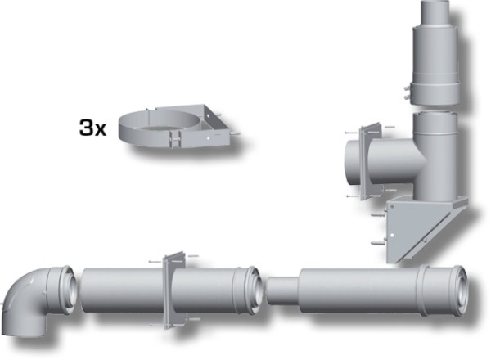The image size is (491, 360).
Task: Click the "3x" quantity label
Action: point(92,128)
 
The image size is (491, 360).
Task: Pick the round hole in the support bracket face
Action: point(392,235)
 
